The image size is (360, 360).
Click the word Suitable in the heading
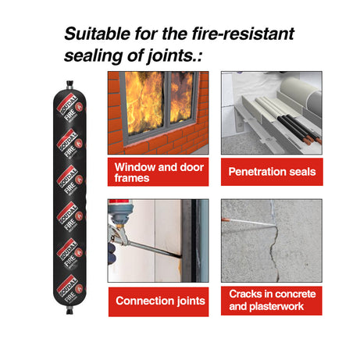(97, 34)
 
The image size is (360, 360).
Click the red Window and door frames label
(159, 172)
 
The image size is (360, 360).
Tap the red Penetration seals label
(272, 172)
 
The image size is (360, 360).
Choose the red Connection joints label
(159, 301)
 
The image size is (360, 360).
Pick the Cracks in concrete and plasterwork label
(272, 301)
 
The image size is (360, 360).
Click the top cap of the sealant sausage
(70, 85)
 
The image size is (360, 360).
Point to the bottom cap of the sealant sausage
(70, 310)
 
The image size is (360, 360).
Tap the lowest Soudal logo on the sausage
(66, 287)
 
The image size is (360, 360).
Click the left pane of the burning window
(145, 103)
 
